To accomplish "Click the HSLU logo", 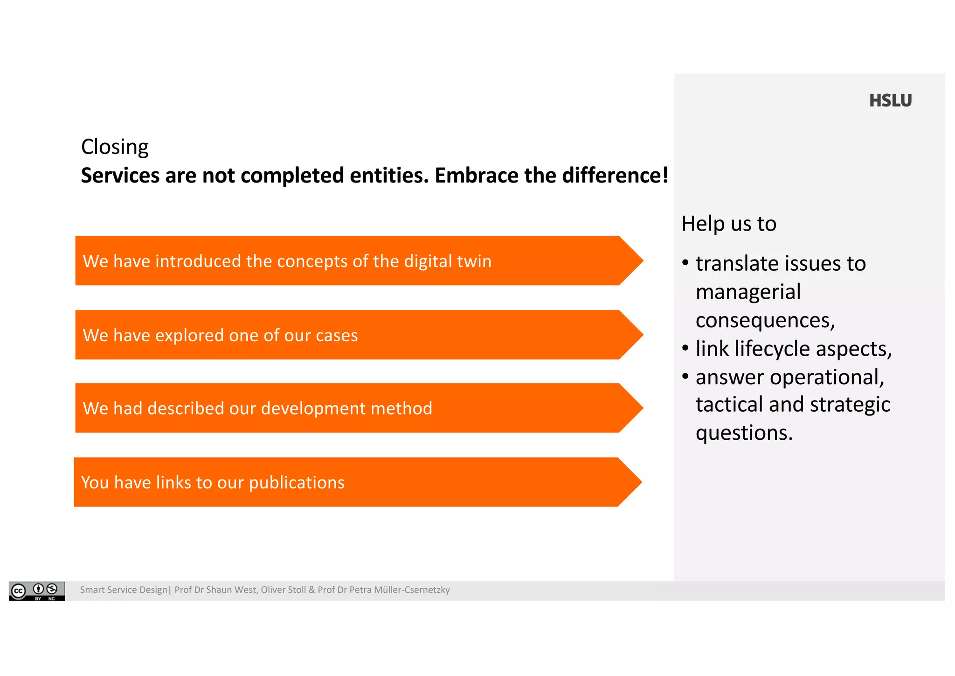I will click(890, 101).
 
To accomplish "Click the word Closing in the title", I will click(115, 147).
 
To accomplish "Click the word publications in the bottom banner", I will click(297, 482).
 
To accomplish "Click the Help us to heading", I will click(728, 224).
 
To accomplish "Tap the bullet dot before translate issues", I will click(685, 262).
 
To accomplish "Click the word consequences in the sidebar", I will click(765, 321).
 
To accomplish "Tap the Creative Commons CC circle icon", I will click(18, 591).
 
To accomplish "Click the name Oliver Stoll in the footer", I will click(283, 590).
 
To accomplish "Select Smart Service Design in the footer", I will click(123, 590).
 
